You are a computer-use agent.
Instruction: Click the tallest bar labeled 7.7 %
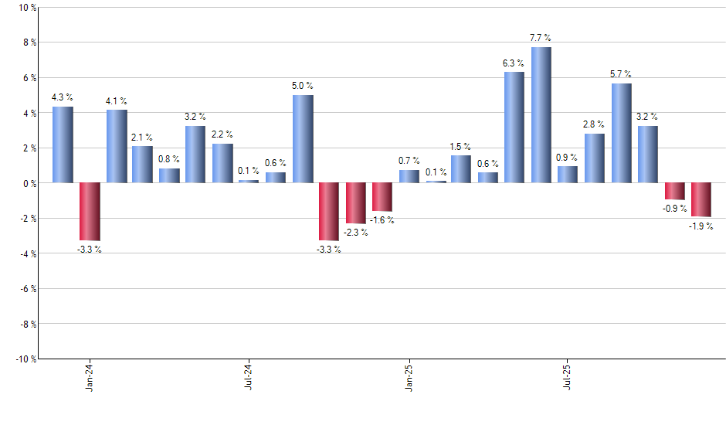pos(541,115)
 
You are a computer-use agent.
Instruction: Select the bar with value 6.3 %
pos(514,127)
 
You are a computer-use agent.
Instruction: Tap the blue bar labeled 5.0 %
pos(303,139)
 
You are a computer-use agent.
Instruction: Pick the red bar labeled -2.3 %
pos(356,203)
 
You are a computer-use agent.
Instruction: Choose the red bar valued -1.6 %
pos(382,197)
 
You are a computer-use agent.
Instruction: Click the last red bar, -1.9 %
pos(701,199)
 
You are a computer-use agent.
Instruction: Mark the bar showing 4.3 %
pos(63,144)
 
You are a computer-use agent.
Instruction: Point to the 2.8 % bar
pos(595,158)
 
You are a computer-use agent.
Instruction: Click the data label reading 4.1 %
pos(117,101)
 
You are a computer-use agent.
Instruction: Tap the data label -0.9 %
pos(674,209)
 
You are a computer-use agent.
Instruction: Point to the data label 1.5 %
pos(461,147)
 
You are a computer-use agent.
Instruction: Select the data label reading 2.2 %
pos(222,135)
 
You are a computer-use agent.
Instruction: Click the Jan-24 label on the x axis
pos(90,376)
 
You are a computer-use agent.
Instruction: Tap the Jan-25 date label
pos(409,376)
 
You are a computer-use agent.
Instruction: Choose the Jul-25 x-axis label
pos(568,376)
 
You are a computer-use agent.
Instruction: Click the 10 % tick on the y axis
pos(26,8)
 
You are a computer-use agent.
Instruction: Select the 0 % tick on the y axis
pos(29,184)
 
